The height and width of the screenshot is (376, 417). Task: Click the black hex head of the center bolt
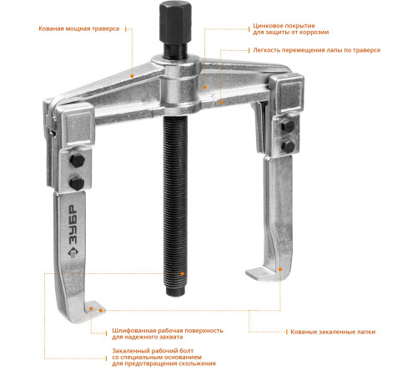pyautogui.click(x=175, y=22)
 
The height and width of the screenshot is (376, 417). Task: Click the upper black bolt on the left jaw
pyautogui.click(x=77, y=160)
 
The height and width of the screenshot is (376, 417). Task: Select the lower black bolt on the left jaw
pyautogui.click(x=77, y=184)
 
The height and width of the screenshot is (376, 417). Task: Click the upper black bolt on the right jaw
pyautogui.click(x=288, y=126)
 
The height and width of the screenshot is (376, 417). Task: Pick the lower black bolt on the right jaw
pyautogui.click(x=288, y=146)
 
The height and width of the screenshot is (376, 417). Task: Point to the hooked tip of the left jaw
pyautogui.click(x=94, y=307)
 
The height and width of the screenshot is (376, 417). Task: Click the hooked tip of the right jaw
pyautogui.click(x=257, y=273)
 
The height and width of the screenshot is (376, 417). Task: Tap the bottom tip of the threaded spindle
pyautogui.click(x=175, y=292)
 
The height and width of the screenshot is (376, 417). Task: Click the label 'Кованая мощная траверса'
pyautogui.click(x=79, y=28)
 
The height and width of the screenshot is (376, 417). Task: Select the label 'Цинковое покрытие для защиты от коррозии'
pyautogui.click(x=291, y=29)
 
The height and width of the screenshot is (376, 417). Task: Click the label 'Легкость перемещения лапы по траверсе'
pyautogui.click(x=317, y=50)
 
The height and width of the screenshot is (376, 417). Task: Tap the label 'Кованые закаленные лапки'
pyautogui.click(x=333, y=332)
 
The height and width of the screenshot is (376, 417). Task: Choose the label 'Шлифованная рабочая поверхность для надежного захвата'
pyautogui.click(x=168, y=333)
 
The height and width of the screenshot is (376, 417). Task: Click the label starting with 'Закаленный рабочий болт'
pyautogui.click(x=163, y=357)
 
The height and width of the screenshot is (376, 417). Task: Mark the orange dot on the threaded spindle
pyautogui.click(x=183, y=273)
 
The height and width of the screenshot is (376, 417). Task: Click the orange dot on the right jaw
pyautogui.click(x=280, y=269)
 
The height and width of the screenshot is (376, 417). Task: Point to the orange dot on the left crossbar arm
pyautogui.click(x=132, y=76)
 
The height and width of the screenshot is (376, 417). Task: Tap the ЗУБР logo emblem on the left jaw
pyautogui.click(x=73, y=253)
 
